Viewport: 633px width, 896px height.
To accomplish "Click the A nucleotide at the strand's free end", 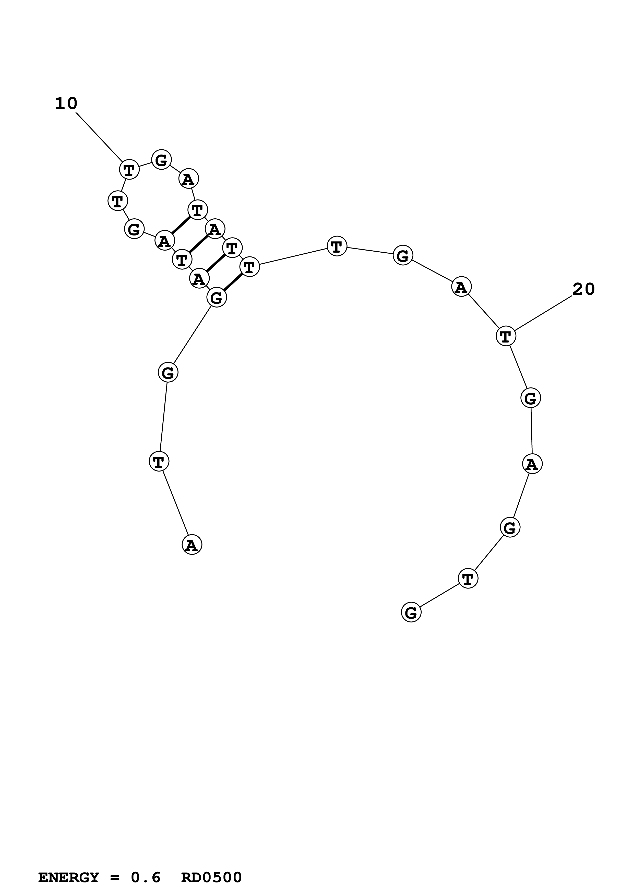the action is pyautogui.click(x=192, y=545).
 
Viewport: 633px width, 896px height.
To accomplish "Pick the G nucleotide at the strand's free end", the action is pyautogui.click(x=411, y=612).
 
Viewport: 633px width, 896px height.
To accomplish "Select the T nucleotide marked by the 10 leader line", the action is pyautogui.click(x=129, y=169).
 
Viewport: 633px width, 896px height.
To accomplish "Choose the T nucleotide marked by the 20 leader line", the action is pyautogui.click(x=506, y=336).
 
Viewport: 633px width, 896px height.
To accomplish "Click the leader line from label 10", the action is pyautogui.click(x=99, y=137).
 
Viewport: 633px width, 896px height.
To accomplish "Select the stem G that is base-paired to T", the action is pyautogui.click(x=217, y=298).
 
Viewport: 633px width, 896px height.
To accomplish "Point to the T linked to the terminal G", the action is pyautogui.click(x=468, y=578).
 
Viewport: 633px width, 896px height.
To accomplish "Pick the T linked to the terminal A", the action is pyautogui.click(x=159, y=462).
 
